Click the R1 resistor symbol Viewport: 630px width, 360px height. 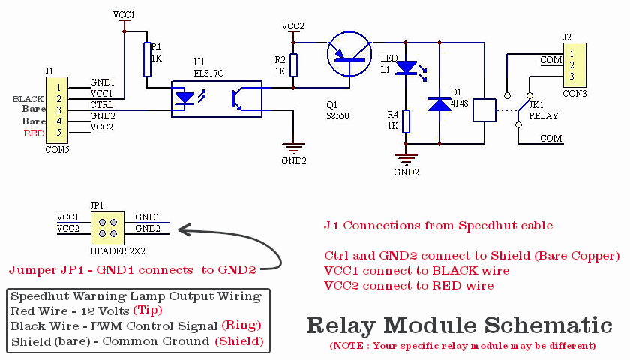(x=148, y=59)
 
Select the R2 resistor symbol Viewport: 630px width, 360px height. (x=293, y=65)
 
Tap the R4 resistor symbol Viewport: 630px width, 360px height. (x=406, y=121)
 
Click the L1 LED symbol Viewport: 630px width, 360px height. (x=406, y=68)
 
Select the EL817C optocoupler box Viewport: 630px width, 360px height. (x=216, y=98)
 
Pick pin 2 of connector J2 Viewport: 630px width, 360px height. (x=572, y=64)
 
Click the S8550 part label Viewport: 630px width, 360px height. (x=337, y=116)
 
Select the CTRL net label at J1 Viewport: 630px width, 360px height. (x=102, y=104)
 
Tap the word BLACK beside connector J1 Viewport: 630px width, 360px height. (x=29, y=99)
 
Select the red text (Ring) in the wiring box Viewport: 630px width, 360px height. (x=241, y=325)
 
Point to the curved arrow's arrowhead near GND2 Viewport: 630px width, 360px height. (x=182, y=230)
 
